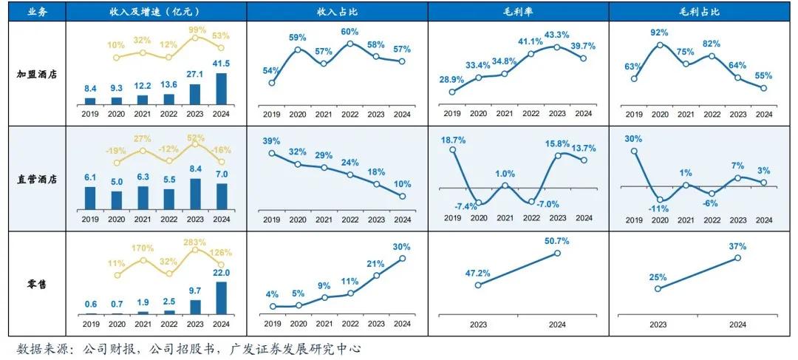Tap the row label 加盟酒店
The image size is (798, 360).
coord(33,74)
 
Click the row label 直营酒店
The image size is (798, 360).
coord(33,178)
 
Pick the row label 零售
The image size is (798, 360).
coord(33,283)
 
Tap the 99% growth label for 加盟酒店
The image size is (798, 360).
coord(197,30)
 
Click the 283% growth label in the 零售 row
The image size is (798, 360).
coord(197,240)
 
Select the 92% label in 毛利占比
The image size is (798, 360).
coord(660,33)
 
